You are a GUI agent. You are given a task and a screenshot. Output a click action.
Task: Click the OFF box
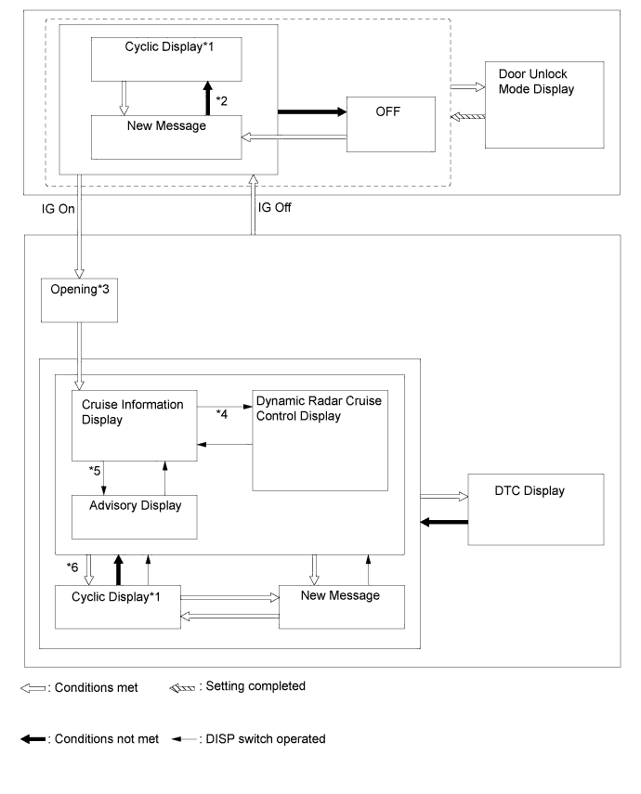click(x=391, y=124)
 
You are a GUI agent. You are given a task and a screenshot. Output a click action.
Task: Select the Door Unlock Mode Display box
click(x=544, y=105)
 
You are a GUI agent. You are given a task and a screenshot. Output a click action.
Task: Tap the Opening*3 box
click(x=79, y=300)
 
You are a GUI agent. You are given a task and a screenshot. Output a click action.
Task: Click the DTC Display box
click(x=536, y=510)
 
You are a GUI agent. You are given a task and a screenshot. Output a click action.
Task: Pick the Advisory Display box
click(x=135, y=517)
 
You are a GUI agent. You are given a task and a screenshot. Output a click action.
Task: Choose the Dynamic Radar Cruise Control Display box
click(x=320, y=440)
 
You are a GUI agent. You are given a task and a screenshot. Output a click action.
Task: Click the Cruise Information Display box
click(x=135, y=425)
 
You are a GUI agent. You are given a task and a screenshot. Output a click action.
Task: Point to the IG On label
click(x=59, y=209)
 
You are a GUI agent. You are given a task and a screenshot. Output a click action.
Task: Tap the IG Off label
click(x=275, y=208)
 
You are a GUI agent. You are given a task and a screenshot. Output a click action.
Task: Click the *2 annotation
click(x=221, y=101)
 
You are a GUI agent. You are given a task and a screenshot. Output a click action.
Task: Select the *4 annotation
click(x=221, y=414)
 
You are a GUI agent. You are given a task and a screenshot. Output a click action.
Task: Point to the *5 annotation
click(x=95, y=471)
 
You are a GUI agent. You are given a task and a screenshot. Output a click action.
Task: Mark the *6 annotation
click(x=72, y=567)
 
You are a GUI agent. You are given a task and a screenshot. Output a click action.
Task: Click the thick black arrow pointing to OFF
click(x=312, y=111)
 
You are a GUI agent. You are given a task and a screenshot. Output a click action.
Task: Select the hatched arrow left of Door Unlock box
click(x=467, y=117)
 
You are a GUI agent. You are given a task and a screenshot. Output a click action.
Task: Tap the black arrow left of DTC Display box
click(x=444, y=522)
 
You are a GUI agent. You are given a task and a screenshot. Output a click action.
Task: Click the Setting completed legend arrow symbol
click(x=182, y=687)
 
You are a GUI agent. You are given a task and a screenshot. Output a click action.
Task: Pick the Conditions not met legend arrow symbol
click(x=33, y=739)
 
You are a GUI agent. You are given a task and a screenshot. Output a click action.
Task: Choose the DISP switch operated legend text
click(x=266, y=739)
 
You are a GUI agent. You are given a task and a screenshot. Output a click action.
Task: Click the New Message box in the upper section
click(x=166, y=137)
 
